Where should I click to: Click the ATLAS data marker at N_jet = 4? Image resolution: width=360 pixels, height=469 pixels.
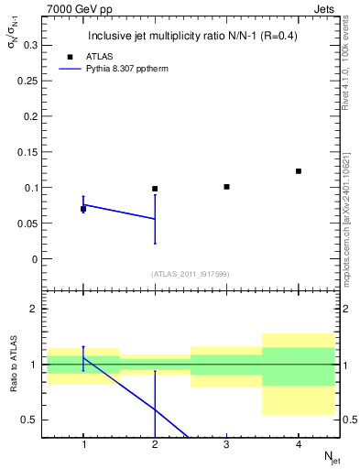299,171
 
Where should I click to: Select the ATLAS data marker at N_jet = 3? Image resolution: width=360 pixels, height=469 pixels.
226,187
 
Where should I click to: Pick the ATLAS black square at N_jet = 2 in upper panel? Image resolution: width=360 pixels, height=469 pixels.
155,189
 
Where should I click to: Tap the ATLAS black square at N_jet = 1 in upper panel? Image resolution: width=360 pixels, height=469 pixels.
83,209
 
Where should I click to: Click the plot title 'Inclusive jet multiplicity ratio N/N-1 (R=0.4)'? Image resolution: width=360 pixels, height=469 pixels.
192,37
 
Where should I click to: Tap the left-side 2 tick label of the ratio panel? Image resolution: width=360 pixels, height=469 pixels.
34,309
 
